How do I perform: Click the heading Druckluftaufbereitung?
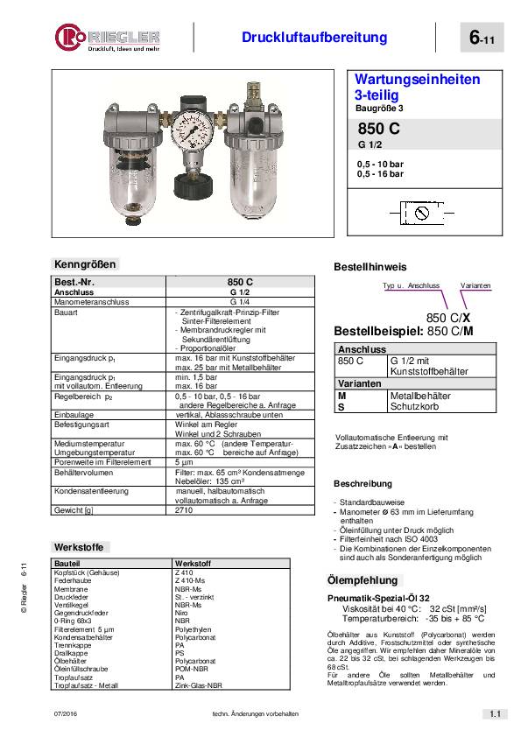click(x=313, y=37)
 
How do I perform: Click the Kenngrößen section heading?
click(x=85, y=263)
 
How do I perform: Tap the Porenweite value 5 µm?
click(x=184, y=461)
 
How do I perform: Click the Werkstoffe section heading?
click(x=79, y=547)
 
